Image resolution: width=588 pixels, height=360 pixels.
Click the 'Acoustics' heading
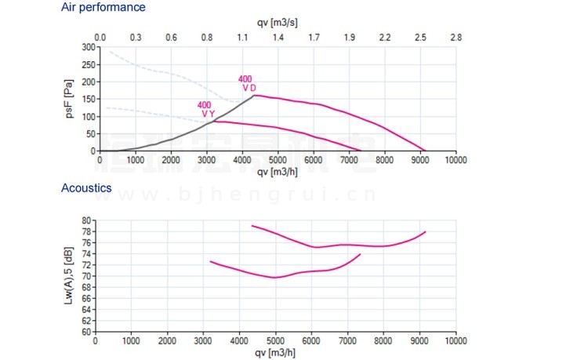pyautogui.click(x=86, y=188)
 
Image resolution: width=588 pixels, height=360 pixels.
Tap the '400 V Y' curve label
pyautogui.click(x=205, y=109)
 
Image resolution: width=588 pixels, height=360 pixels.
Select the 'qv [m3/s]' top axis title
pyautogui.click(x=278, y=24)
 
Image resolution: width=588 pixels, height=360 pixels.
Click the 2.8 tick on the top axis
pyautogui.click(x=456, y=37)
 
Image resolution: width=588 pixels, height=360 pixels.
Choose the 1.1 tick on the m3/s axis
pyautogui.click(x=242, y=37)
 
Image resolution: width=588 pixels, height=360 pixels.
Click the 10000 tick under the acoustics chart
pyautogui.click(x=456, y=342)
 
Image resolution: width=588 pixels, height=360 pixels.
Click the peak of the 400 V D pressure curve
pyautogui.click(x=255, y=95)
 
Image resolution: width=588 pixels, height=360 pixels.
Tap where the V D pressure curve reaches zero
pyautogui.click(x=425, y=151)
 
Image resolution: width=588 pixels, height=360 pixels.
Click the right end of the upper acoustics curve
pyautogui.click(x=425, y=232)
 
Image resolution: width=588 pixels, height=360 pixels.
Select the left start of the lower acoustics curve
pyautogui.click(x=210, y=261)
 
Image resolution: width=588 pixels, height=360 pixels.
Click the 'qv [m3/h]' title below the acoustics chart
pyautogui.click(x=276, y=353)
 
